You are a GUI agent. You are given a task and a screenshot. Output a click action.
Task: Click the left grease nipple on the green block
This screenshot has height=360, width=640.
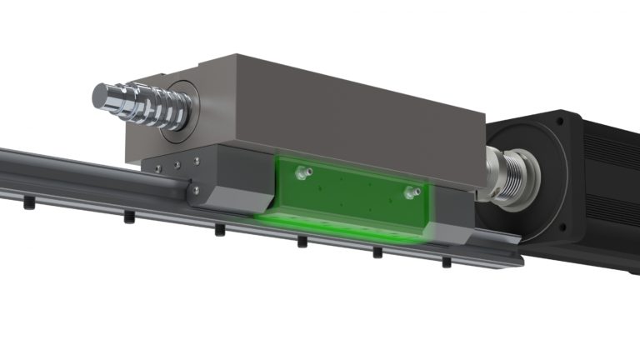[298, 172]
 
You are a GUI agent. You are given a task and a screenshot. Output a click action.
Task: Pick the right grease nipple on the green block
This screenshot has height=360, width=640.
[408, 192]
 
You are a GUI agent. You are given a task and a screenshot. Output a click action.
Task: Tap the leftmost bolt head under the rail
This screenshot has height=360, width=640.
[29, 202]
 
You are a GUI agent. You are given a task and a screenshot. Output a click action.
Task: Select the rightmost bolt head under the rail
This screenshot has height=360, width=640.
[447, 262]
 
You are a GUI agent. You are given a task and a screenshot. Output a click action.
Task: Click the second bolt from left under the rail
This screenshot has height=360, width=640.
[129, 218]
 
